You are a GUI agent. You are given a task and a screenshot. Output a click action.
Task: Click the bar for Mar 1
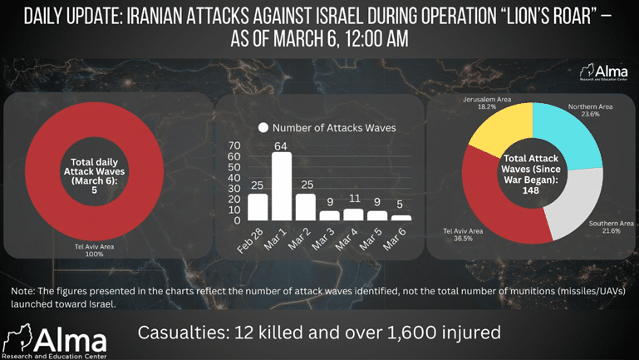pos(282,186)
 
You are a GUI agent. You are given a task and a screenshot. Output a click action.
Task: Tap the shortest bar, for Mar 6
pos(401,218)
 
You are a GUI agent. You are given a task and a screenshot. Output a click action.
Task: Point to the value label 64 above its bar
pos(282,145)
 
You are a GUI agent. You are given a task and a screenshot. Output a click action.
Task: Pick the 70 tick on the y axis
pos(235,145)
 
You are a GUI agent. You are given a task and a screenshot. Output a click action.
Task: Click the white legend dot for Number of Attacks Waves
pos(263,128)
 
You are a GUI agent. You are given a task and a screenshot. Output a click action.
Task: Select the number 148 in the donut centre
pos(531,190)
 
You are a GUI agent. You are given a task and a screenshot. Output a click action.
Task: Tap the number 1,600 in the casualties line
pos(436,333)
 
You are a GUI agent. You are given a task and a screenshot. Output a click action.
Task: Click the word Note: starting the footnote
pos(23,291)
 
